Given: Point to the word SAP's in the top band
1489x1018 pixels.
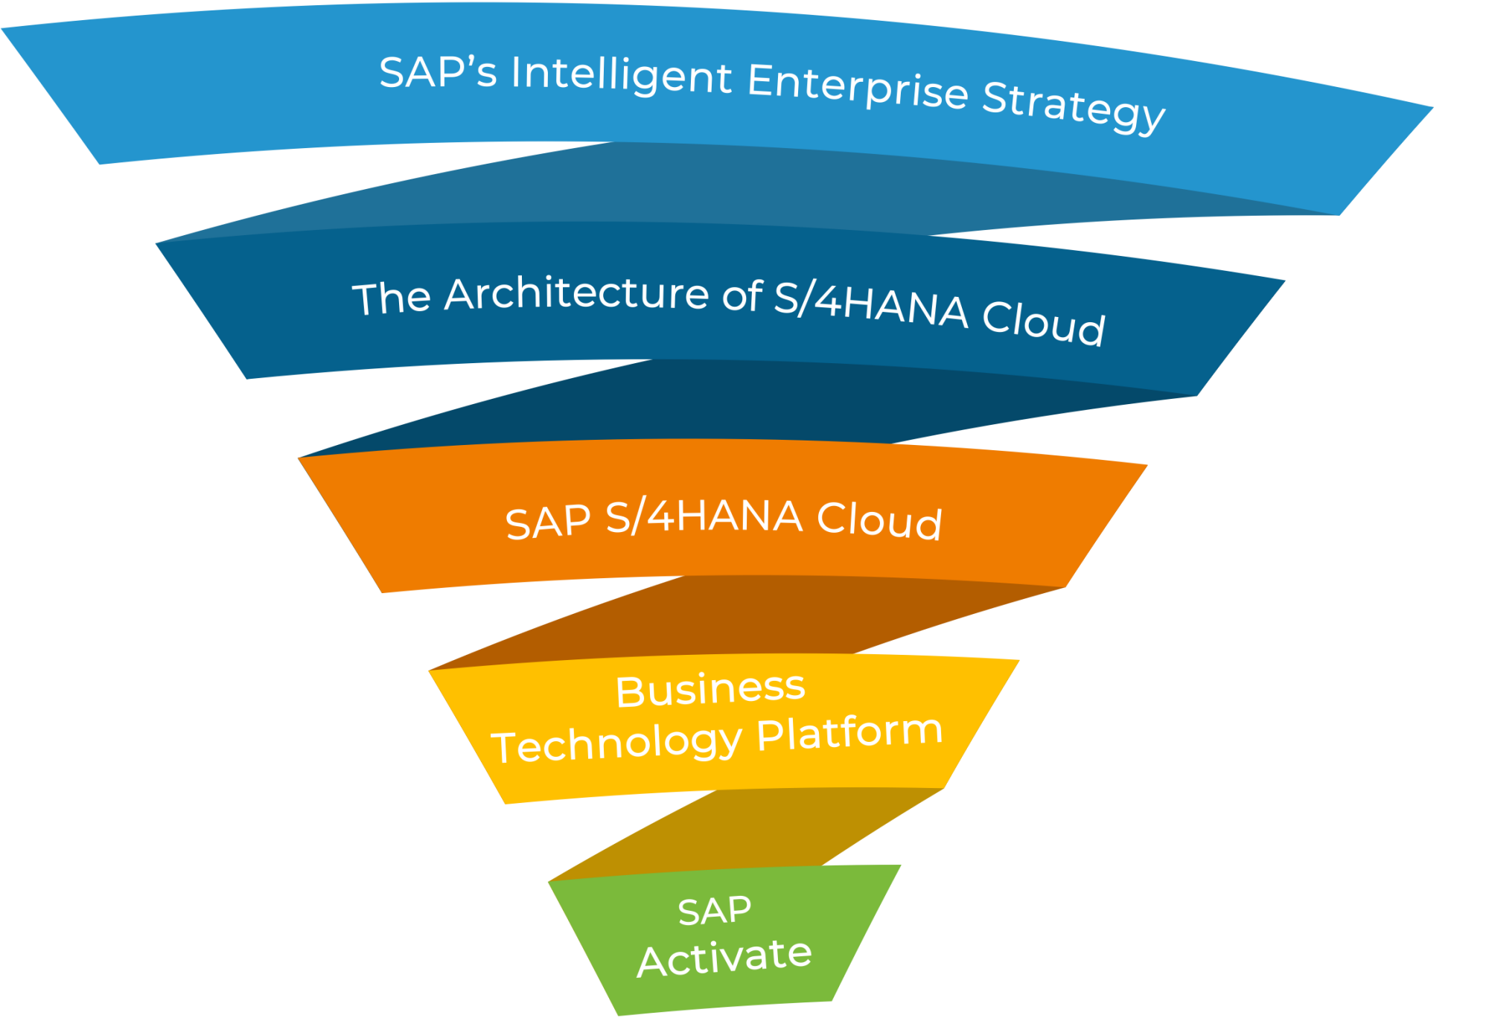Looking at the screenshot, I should pos(438,72).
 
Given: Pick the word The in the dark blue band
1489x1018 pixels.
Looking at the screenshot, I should pos(392,298).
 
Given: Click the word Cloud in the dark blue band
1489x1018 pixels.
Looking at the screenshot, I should pos(1043,322).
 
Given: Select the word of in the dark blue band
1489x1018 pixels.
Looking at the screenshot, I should pos(742,295).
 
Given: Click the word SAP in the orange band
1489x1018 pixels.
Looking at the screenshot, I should pos(548,522).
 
